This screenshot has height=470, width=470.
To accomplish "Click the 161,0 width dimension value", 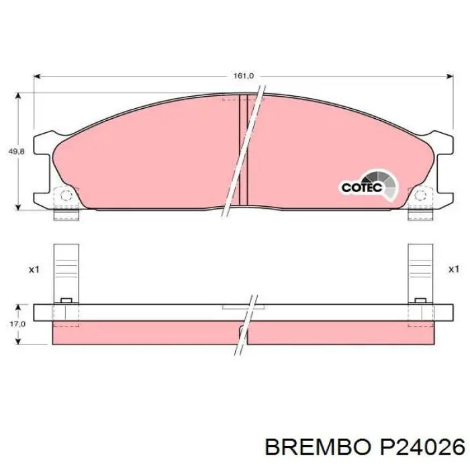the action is coord(243,76).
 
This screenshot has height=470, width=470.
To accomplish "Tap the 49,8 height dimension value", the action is coord(17,152).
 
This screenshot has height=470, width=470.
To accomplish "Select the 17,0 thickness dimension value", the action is coord(17,324).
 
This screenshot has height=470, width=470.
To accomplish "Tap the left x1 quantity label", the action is coord(34,269).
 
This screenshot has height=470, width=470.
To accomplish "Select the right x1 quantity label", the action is coord(453,269).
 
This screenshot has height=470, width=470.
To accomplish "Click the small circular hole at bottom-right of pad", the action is coord(420,195).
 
